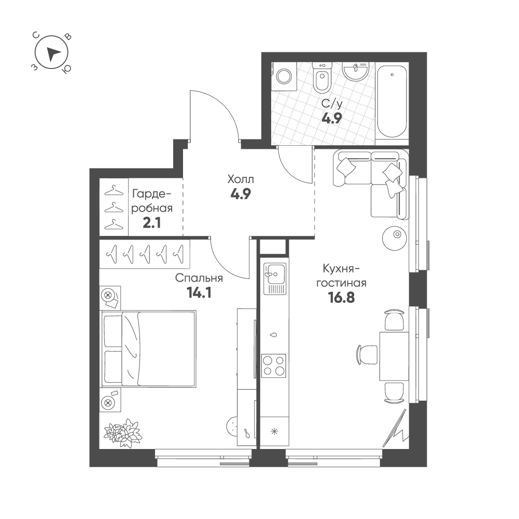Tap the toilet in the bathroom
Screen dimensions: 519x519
[322, 78]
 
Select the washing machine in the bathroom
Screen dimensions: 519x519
[284, 76]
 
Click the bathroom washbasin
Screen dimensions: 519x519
[356, 72]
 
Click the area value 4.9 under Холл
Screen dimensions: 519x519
[241, 194]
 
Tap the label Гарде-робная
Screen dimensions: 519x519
[152, 201]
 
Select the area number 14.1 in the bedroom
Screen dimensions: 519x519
[199, 292]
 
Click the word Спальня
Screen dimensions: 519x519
[199, 278]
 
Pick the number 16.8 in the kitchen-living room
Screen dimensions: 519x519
[341, 298]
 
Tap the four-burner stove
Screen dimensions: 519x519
[274, 366]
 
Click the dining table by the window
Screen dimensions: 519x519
[394, 356]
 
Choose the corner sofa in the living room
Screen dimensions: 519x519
[371, 183]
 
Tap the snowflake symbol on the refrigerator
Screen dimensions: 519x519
[274, 431]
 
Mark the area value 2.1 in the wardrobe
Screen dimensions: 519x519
[152, 223]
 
